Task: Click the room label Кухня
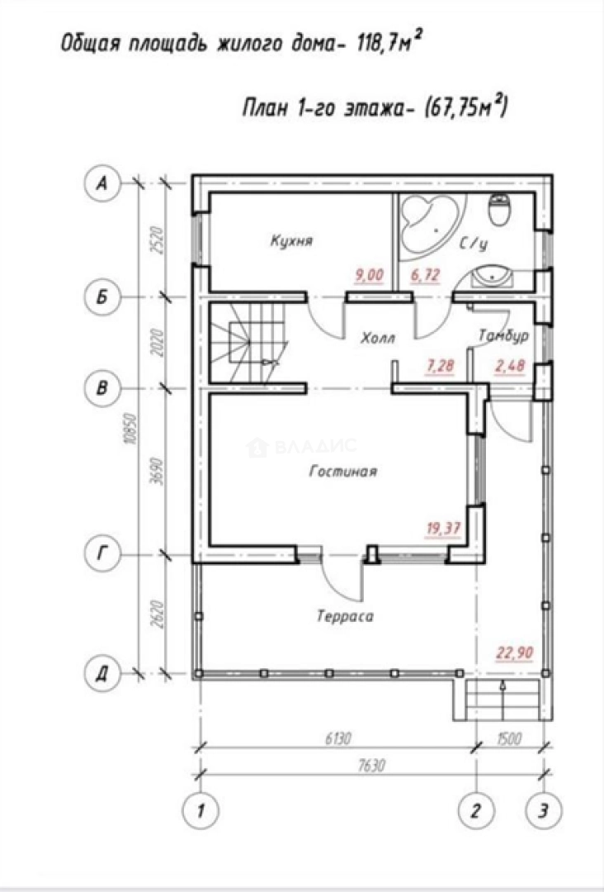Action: [x=291, y=240]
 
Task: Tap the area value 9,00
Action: [x=370, y=275]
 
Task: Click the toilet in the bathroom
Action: [x=500, y=211]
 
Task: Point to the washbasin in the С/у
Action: [x=492, y=277]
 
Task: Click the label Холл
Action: [x=378, y=339]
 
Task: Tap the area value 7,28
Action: [x=441, y=365]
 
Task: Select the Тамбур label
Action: [x=503, y=335]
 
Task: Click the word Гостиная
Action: [x=343, y=472]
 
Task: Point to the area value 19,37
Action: [x=443, y=529]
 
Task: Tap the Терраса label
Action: [x=345, y=616]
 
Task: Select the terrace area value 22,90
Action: [x=515, y=652]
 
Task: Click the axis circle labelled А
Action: [x=102, y=183]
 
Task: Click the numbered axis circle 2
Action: [x=476, y=810]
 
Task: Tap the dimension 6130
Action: [x=338, y=738]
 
